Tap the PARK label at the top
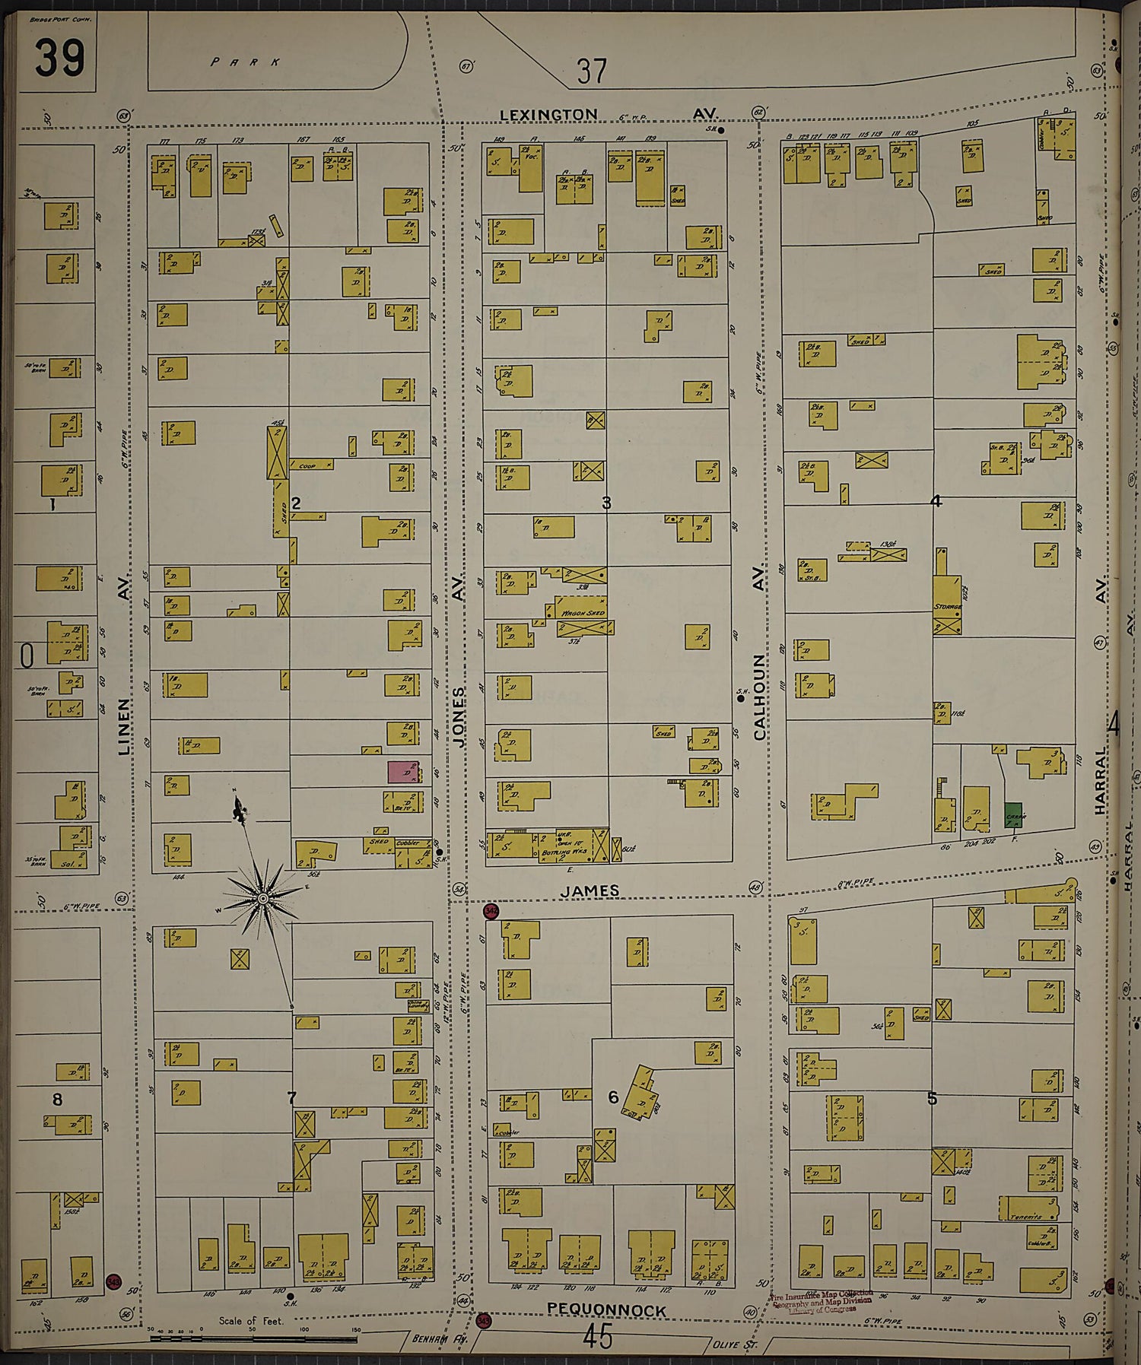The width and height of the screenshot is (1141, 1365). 245,62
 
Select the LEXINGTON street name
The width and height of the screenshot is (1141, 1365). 548,115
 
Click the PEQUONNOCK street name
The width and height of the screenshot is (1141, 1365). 606,1310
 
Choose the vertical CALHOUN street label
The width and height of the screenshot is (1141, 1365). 759,697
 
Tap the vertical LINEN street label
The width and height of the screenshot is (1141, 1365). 124,727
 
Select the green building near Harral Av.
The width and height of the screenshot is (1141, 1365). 1013,815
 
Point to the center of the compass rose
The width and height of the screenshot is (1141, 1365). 262,899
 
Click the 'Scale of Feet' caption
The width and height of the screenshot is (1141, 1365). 251,1321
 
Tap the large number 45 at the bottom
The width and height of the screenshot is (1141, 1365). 599,1337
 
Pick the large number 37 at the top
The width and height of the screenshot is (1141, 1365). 591,71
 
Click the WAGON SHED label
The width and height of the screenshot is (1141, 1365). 583,613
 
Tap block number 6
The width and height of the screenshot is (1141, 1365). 613,1097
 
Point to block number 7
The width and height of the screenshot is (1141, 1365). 291,1097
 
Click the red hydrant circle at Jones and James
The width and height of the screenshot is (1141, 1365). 491,911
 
